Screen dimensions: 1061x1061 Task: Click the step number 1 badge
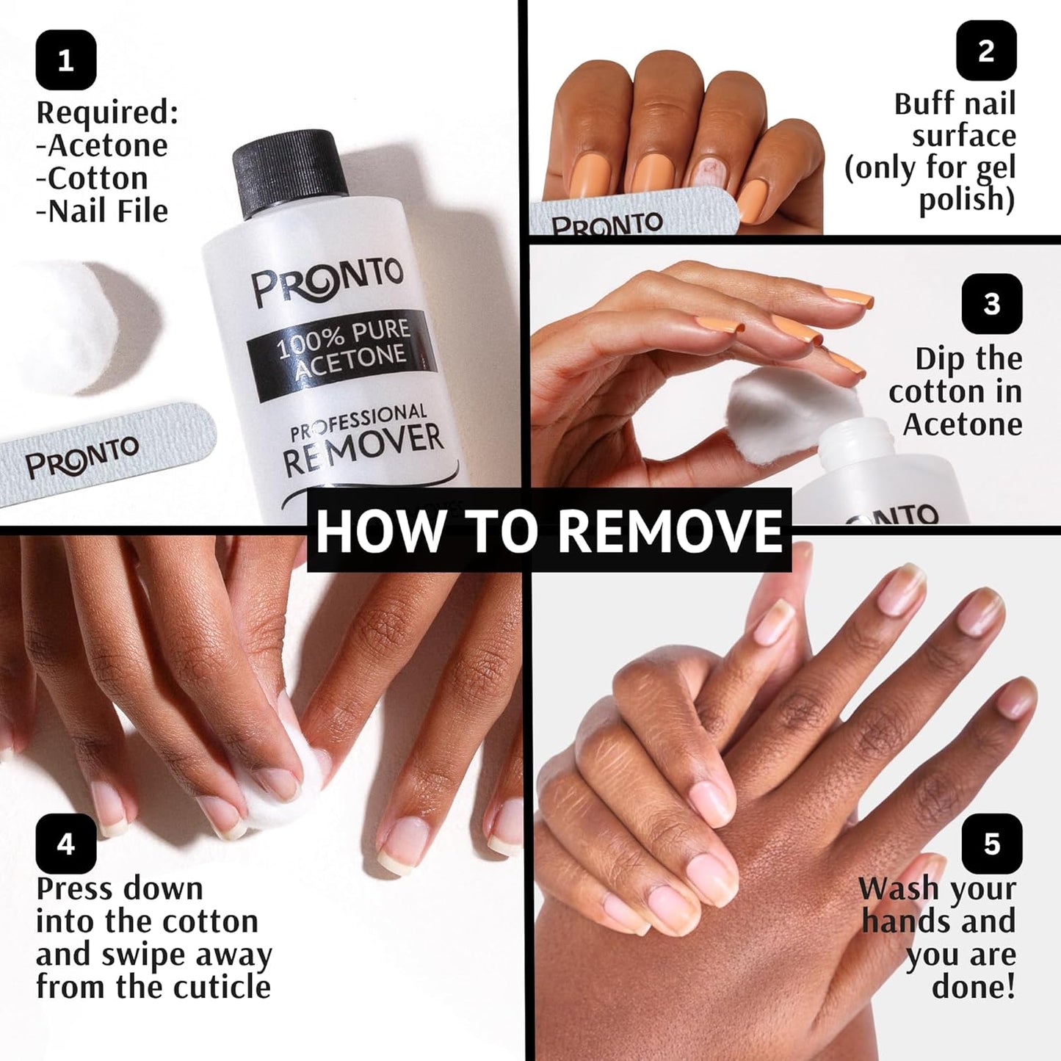[65, 59]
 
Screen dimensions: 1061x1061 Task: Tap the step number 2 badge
[986, 51]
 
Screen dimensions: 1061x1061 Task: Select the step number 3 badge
[991, 304]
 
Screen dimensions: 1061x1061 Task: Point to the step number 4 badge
[65, 844]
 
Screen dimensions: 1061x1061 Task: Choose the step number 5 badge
[991, 844]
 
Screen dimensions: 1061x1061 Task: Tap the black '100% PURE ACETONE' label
[342, 351]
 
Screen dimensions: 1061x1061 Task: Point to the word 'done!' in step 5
[974, 987]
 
